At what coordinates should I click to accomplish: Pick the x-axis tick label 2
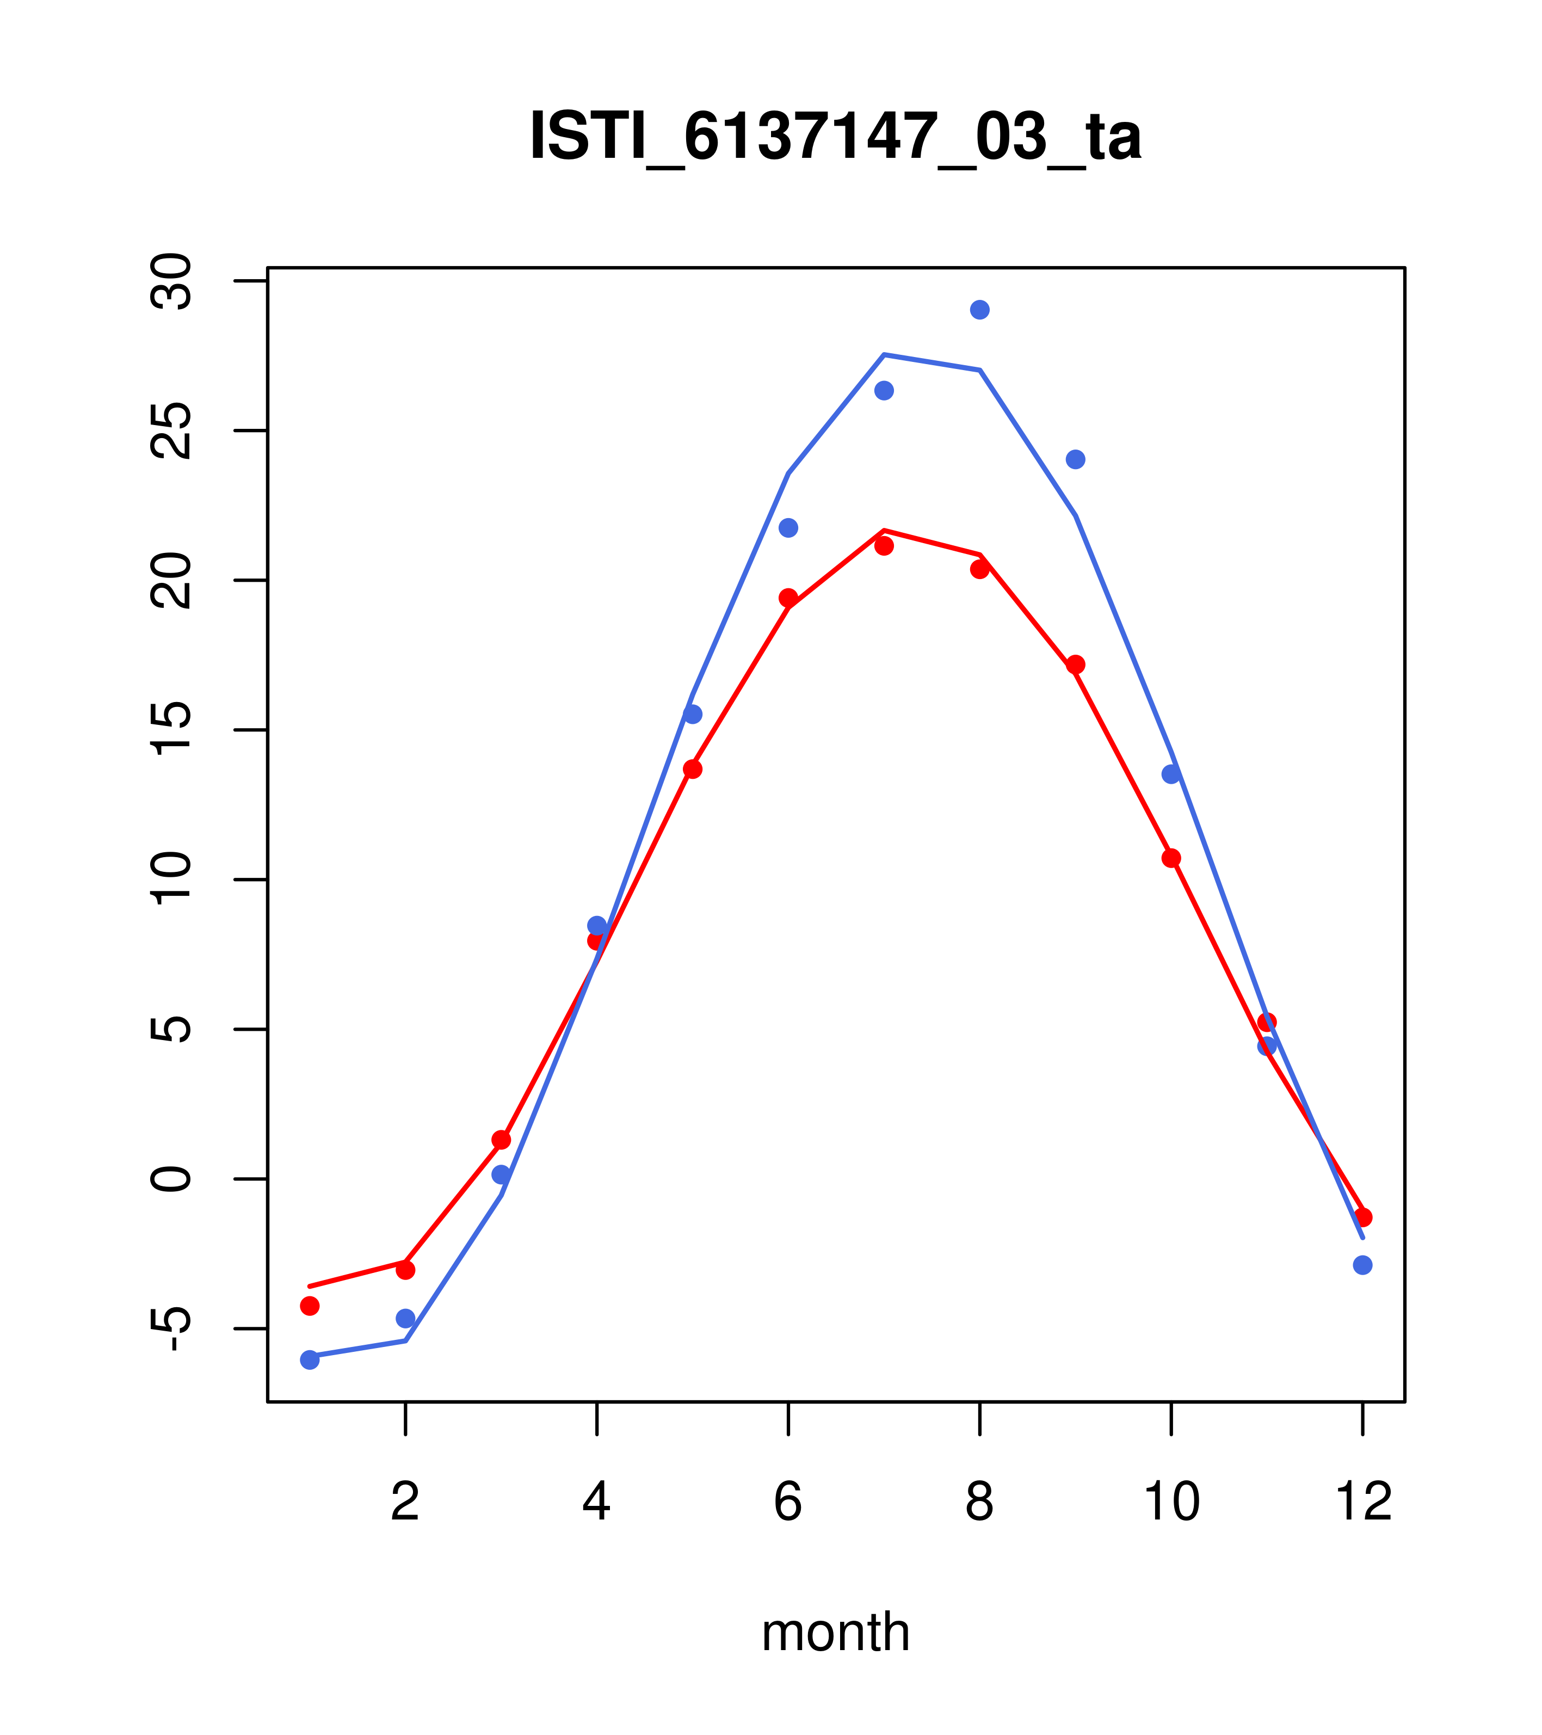coord(406,1503)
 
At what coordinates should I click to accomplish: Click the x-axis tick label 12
coord(1363,1503)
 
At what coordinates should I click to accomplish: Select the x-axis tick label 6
coord(788,1503)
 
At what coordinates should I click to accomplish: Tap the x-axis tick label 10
coord(1171,1503)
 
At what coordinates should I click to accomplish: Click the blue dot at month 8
coord(979,310)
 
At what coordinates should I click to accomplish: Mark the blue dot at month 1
coord(310,1360)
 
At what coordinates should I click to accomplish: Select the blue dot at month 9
coord(1075,459)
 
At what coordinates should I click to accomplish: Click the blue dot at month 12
coord(1362,1265)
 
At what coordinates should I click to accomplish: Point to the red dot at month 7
coord(884,546)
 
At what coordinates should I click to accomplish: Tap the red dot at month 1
coord(310,1306)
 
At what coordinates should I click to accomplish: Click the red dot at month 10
coord(1171,858)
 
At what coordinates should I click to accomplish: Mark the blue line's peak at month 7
coord(884,355)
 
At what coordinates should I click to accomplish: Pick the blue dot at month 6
coord(788,528)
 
